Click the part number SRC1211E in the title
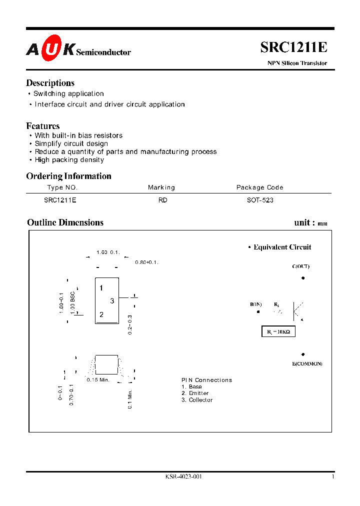click(x=293, y=47)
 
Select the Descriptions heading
click(x=50, y=83)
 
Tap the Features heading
click(x=42, y=126)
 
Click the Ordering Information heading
click(x=68, y=176)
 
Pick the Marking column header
click(x=161, y=187)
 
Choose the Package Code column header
click(x=259, y=187)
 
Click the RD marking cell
click(x=162, y=199)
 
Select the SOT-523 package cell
click(x=260, y=199)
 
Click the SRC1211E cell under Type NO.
click(x=60, y=199)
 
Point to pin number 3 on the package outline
click(x=112, y=300)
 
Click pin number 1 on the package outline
click(x=101, y=288)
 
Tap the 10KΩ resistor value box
click(x=278, y=331)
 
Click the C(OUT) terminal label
click(x=300, y=266)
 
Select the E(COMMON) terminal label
click(x=307, y=363)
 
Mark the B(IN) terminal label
click(x=256, y=304)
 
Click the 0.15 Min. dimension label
click(x=98, y=380)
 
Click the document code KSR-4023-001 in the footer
click(x=183, y=477)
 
